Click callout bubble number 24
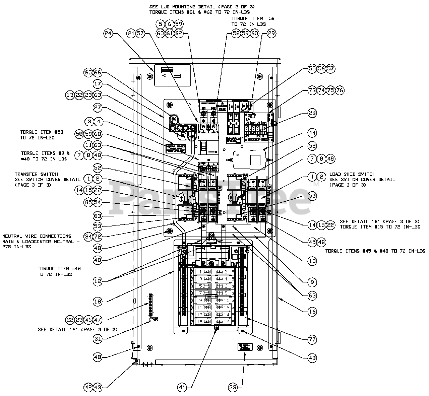click(x=108, y=33)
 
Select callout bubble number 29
click(x=271, y=33)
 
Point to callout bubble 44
click(x=312, y=133)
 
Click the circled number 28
click(x=312, y=113)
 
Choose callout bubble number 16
click(x=312, y=311)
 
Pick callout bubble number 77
click(x=312, y=339)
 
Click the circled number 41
click(x=182, y=388)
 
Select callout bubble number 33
click(x=233, y=388)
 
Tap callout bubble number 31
click(x=98, y=339)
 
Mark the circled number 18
click(x=98, y=302)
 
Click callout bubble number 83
click(x=98, y=217)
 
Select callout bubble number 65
click(x=88, y=73)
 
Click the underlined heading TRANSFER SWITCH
click(x=36, y=174)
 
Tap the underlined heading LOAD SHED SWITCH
click(x=352, y=174)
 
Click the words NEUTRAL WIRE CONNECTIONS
click(x=37, y=236)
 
